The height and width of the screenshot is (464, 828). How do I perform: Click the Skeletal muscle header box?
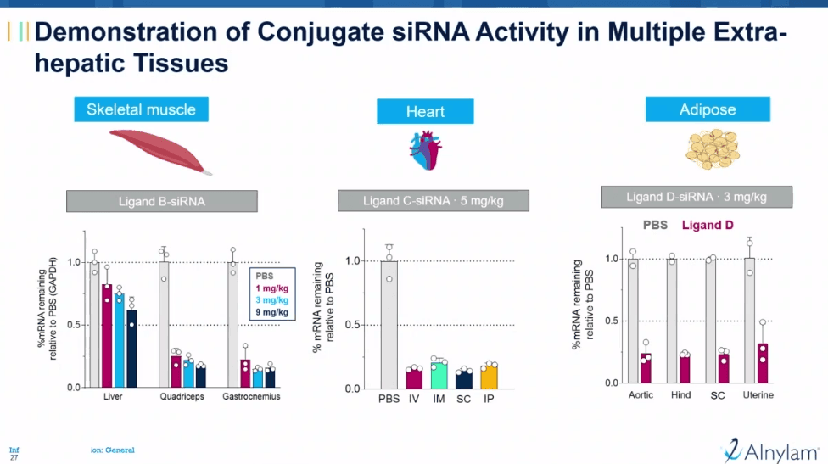(141, 109)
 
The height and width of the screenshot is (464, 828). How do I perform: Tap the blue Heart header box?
(425, 112)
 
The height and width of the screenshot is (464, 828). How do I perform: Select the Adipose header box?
(708, 109)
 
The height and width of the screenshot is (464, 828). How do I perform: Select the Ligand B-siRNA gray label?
(161, 202)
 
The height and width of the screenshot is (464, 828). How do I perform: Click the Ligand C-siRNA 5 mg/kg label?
(434, 201)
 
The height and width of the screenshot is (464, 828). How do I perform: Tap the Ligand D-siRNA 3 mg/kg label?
(697, 197)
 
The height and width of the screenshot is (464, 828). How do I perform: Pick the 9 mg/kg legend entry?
(271, 312)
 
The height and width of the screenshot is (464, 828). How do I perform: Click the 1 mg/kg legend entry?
(271, 288)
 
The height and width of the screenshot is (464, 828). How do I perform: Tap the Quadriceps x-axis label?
(182, 396)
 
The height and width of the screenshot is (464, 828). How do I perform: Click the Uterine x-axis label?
(758, 395)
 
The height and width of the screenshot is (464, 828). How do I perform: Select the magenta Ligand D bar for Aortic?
(646, 368)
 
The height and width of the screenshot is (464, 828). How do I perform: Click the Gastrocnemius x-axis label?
(251, 396)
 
